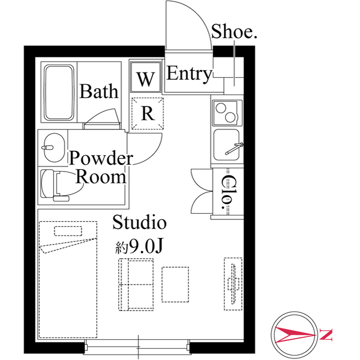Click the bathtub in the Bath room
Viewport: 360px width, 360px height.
point(59,92)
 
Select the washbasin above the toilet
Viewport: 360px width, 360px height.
point(54,147)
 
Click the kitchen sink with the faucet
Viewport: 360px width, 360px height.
point(227,145)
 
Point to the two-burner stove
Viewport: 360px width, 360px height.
point(227,112)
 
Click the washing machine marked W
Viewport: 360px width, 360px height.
point(145,77)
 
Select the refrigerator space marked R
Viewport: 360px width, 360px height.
point(147,113)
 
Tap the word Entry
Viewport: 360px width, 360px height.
point(189,74)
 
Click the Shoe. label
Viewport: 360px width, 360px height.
point(234,31)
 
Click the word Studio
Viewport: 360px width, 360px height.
point(139,222)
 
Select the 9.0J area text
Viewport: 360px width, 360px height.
point(139,246)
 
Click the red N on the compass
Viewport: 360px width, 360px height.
point(326,335)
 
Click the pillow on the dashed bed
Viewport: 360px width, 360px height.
point(68,231)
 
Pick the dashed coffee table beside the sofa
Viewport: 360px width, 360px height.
point(175,284)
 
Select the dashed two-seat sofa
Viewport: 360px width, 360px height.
point(136,285)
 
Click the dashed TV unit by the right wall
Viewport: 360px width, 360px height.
point(233,284)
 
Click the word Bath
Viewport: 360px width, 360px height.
point(99,91)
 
